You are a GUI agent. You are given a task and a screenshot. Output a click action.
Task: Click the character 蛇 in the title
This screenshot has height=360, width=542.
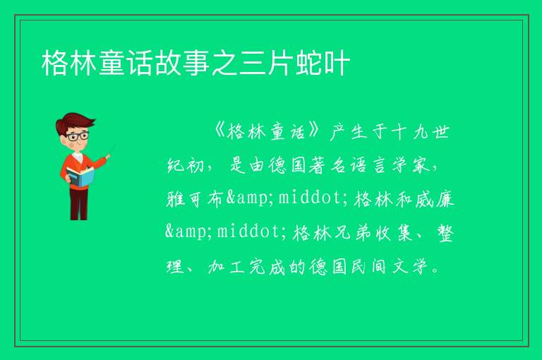[x=309, y=63]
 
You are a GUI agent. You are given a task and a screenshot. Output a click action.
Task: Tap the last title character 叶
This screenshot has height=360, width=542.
[x=337, y=63]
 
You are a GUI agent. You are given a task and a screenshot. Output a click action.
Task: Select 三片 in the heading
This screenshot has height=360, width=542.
[x=267, y=63]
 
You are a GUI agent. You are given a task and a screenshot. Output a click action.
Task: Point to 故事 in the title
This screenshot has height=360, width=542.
[x=183, y=63]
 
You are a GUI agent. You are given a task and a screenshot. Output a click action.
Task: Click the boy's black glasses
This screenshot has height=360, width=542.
[x=78, y=136]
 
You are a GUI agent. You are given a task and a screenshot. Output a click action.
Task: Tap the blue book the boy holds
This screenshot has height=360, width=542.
[x=80, y=177]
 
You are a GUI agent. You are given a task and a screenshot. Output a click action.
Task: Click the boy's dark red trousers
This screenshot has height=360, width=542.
[x=79, y=204]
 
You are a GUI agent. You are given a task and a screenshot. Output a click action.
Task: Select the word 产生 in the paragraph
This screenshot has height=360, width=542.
[x=349, y=132]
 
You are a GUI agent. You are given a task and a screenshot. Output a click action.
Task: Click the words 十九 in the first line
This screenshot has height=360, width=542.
[x=410, y=132]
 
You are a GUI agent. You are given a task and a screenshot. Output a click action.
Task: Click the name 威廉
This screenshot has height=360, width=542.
[x=435, y=199]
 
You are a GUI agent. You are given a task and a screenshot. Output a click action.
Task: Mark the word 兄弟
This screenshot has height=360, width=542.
[x=351, y=232]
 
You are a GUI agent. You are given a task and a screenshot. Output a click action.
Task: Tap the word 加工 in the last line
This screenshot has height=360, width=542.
[x=227, y=266]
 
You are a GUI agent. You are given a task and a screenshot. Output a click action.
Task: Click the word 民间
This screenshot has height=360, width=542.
[x=369, y=266]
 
